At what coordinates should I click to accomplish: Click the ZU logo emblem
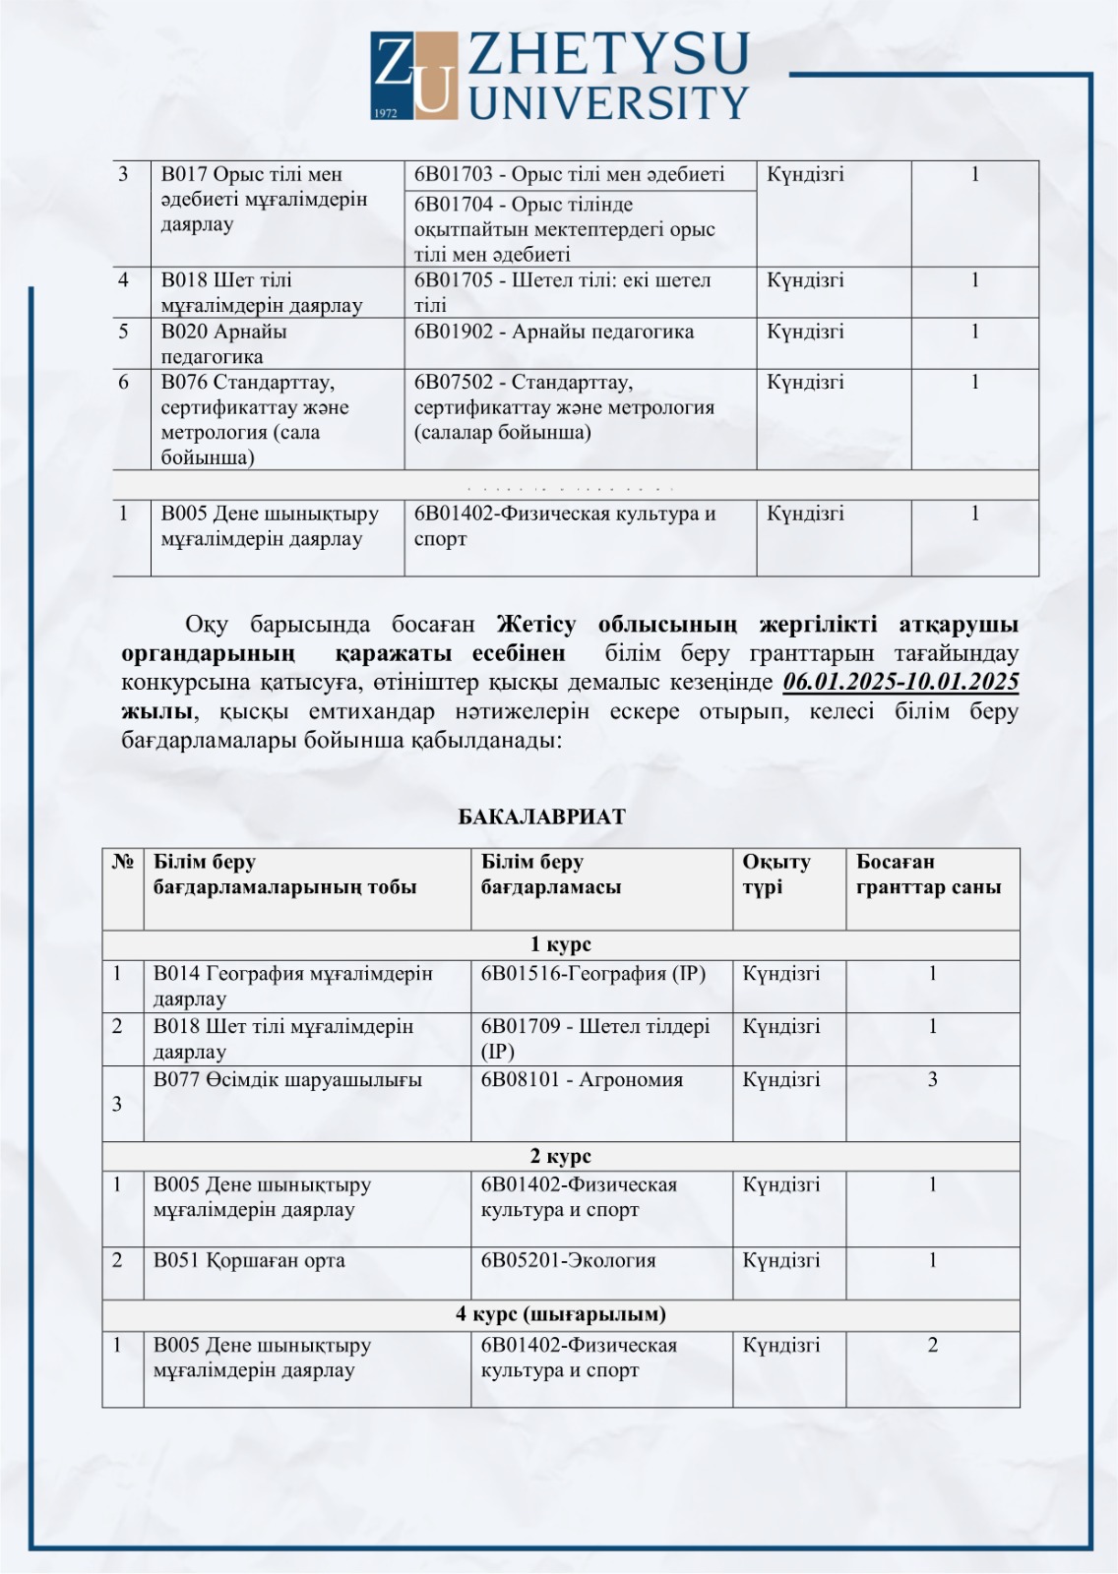pos(414,75)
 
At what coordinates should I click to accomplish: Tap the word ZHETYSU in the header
pos(608,54)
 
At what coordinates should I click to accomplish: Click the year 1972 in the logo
pos(386,113)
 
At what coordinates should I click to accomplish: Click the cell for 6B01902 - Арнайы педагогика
pos(580,342)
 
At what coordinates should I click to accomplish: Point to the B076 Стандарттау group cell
pos(277,419)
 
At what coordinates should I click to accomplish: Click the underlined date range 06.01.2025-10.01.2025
pos(901,682)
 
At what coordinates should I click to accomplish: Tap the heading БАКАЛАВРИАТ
pos(542,817)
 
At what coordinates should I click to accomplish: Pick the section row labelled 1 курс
pos(560,944)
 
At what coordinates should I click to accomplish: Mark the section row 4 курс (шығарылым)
pos(560,1314)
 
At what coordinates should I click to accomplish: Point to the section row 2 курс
pos(560,1156)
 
